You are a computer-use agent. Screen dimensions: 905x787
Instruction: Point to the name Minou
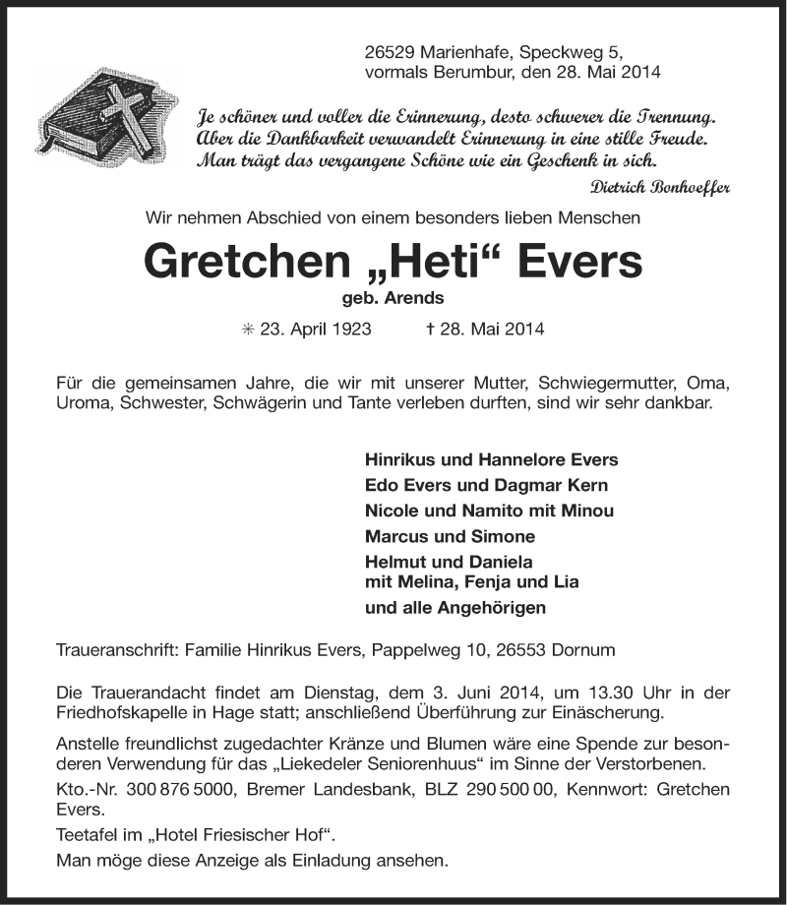pos(586,511)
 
